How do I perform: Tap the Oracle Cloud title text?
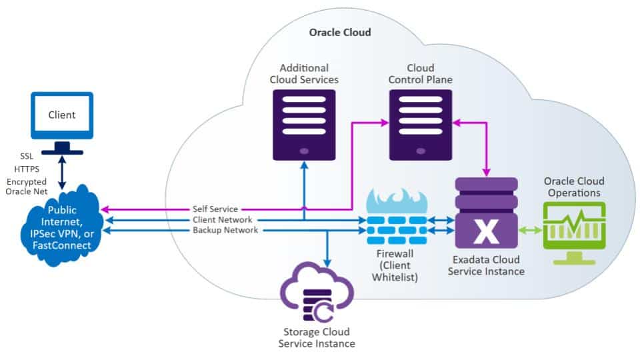pos(340,32)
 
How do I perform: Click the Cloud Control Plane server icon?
pos(421,125)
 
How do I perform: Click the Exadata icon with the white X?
pos(486,213)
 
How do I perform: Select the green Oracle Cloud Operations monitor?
pos(573,227)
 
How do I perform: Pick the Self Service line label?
pos(215,209)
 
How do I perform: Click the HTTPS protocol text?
pos(27,169)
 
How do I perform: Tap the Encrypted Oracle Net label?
pos(27,187)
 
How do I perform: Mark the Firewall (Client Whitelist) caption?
pos(396,265)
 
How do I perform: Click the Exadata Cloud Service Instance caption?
pos(485,265)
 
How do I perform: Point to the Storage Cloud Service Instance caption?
pos(316,337)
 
